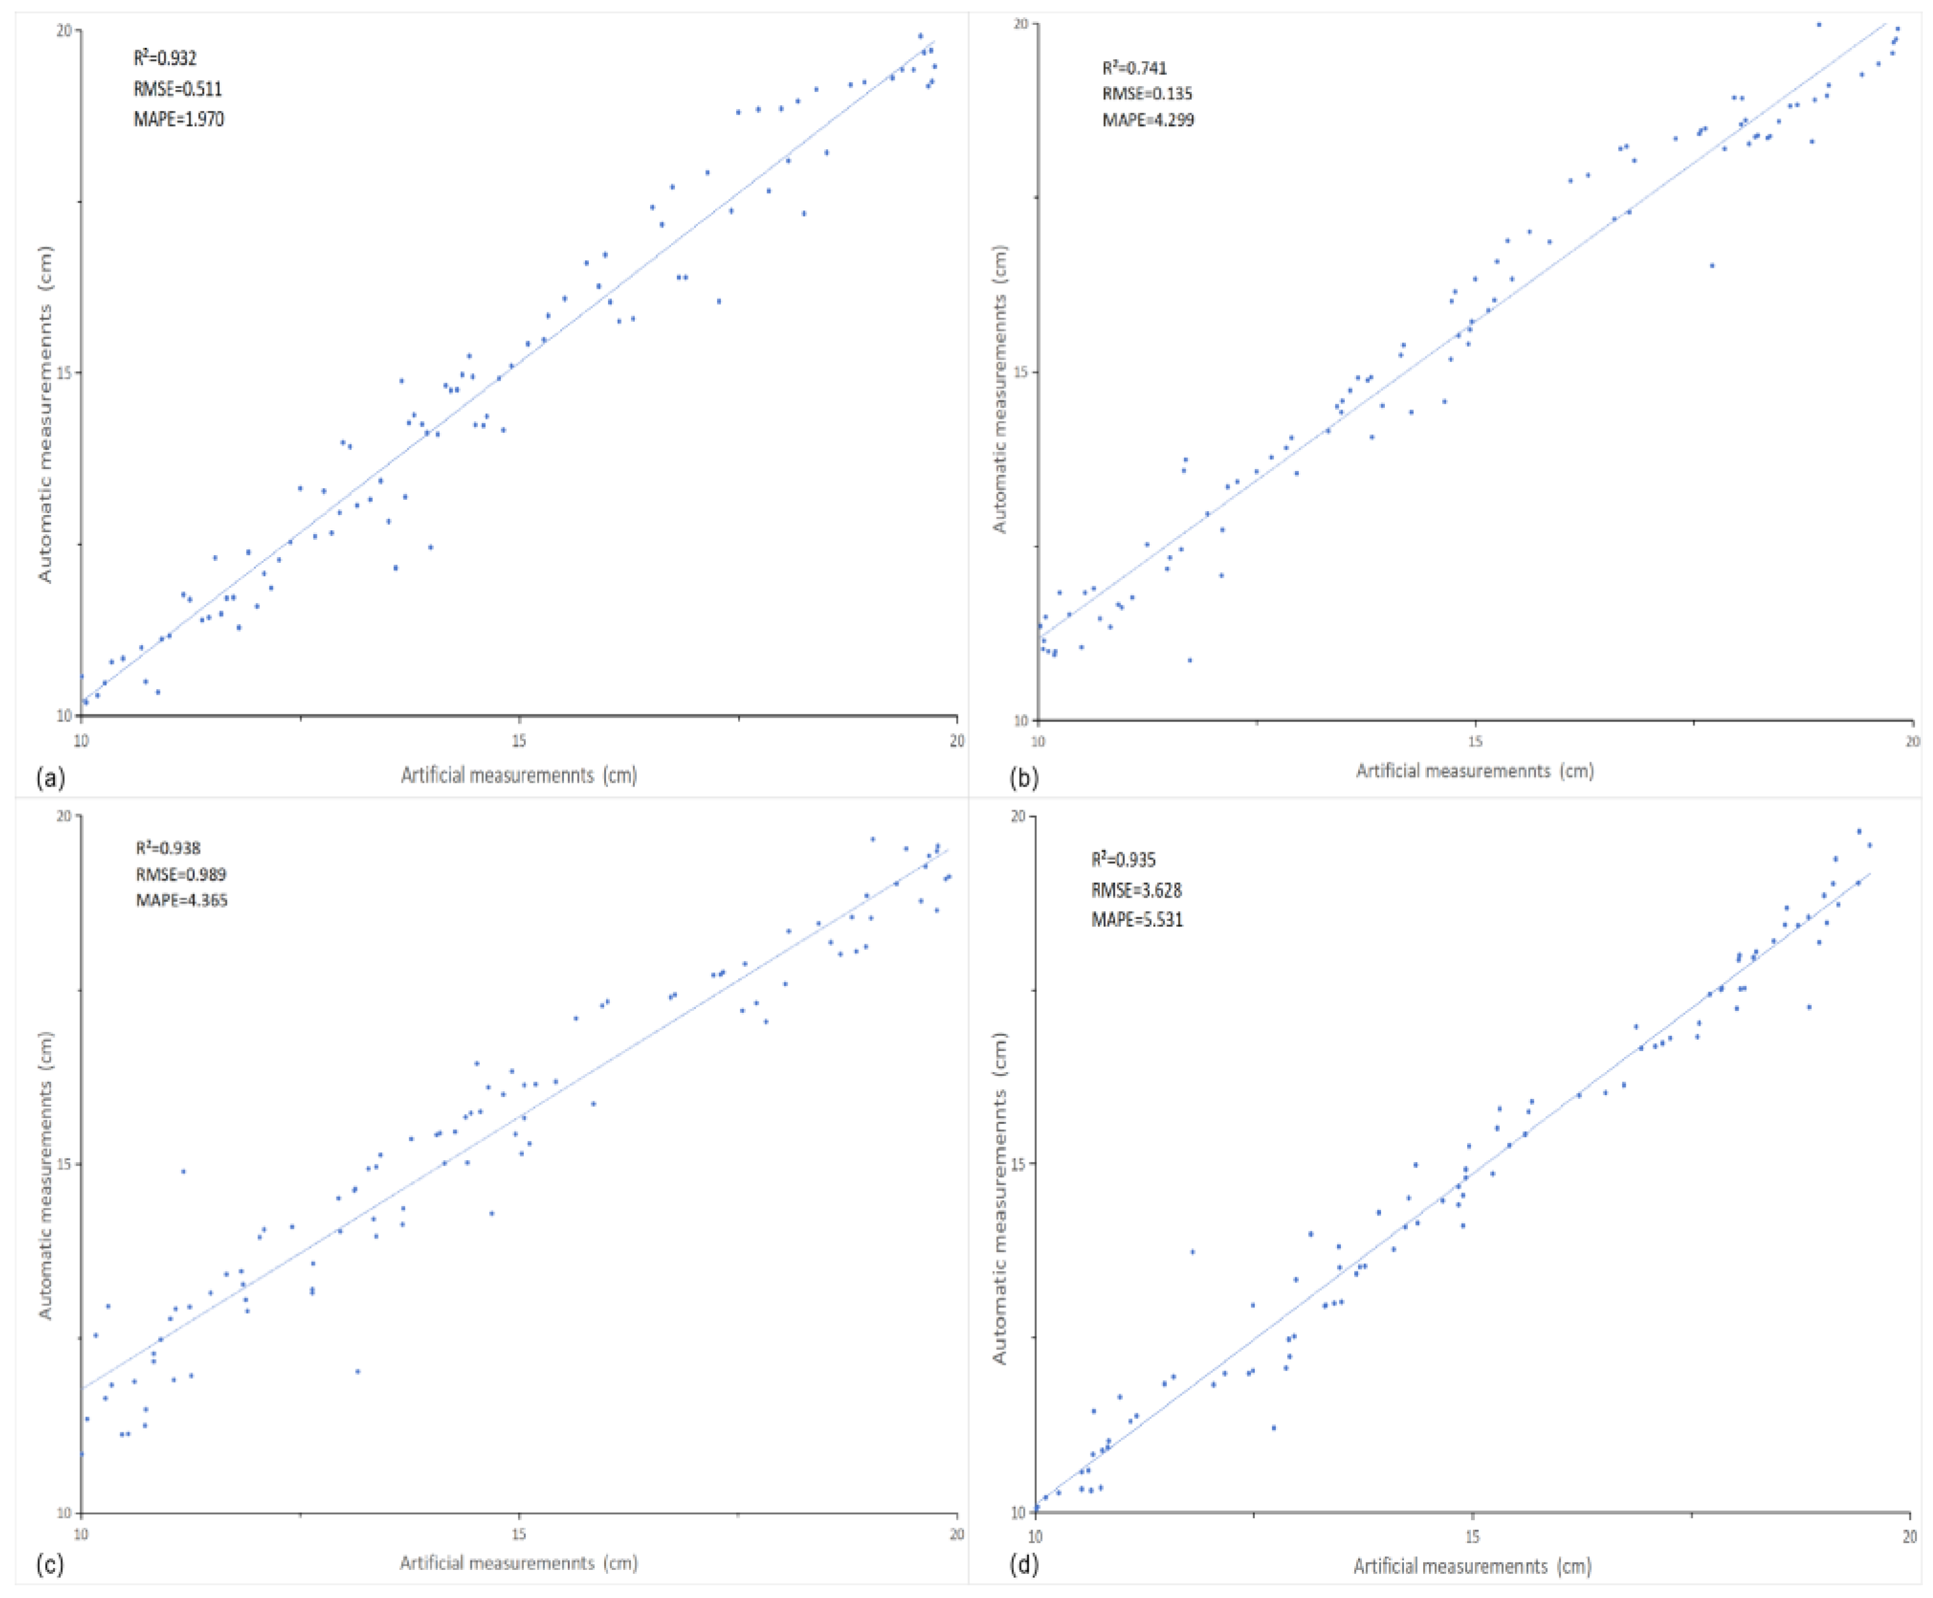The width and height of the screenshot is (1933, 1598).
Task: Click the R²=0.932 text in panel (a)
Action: click(x=165, y=58)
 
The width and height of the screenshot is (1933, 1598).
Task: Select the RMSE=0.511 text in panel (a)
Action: click(x=178, y=89)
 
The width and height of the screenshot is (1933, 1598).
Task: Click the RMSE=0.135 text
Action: click(x=1147, y=93)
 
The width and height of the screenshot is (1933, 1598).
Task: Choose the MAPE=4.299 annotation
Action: click(x=1148, y=120)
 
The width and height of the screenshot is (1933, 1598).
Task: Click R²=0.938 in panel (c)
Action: click(x=168, y=848)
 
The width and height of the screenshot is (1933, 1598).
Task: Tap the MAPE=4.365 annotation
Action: click(x=182, y=899)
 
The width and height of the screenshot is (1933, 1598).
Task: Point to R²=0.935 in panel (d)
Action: click(x=1123, y=860)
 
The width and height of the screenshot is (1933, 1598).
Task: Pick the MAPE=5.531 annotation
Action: click(x=1137, y=920)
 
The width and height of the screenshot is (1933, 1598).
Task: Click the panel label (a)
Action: click(x=50, y=779)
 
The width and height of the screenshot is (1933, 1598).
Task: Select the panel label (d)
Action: click(x=1024, y=1564)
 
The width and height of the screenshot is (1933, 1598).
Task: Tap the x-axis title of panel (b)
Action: click(x=1475, y=771)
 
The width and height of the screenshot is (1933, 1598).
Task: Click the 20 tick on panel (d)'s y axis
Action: click(x=1018, y=815)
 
